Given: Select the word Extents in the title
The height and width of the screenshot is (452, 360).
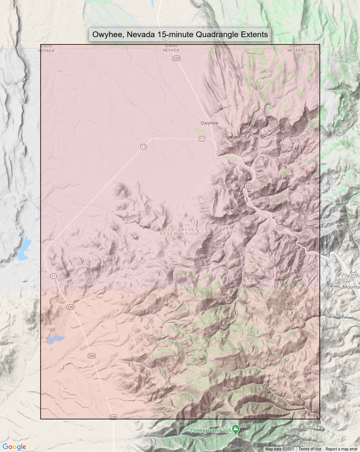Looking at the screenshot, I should pyautogui.click(x=254, y=34).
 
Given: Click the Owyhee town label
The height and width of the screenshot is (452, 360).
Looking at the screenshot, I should pyautogui.click(x=209, y=123).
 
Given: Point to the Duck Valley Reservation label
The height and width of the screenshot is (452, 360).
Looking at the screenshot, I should pyautogui.click(x=179, y=232).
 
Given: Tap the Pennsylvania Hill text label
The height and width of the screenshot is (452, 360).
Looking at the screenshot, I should pyautogui.click(x=210, y=430).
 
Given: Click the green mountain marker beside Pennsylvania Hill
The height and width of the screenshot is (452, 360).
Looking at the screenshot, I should pyautogui.click(x=236, y=429).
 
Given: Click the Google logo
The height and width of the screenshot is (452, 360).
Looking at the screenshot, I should pyautogui.click(x=14, y=447).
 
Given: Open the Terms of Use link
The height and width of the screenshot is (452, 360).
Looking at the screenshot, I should pyautogui.click(x=309, y=449).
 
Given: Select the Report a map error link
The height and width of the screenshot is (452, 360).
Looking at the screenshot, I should pyautogui.click(x=341, y=449).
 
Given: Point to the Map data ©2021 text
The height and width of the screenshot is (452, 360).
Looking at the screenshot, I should pyautogui.click(x=279, y=449).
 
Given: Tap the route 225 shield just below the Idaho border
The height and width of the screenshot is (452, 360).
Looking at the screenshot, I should pyautogui.click(x=176, y=58).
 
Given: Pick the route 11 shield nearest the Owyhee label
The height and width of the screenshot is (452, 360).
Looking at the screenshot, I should pyautogui.click(x=202, y=139).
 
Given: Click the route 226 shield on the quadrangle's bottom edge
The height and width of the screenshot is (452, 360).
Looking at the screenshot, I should pyautogui.click(x=113, y=417).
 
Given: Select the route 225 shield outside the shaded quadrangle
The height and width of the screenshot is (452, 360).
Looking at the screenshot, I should pyautogui.click(x=353, y=275).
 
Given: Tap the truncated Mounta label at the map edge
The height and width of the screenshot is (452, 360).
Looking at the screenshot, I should pyautogui.click(x=351, y=287).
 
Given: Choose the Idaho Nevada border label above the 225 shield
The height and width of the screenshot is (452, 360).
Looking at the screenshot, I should pyautogui.click(x=171, y=48).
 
